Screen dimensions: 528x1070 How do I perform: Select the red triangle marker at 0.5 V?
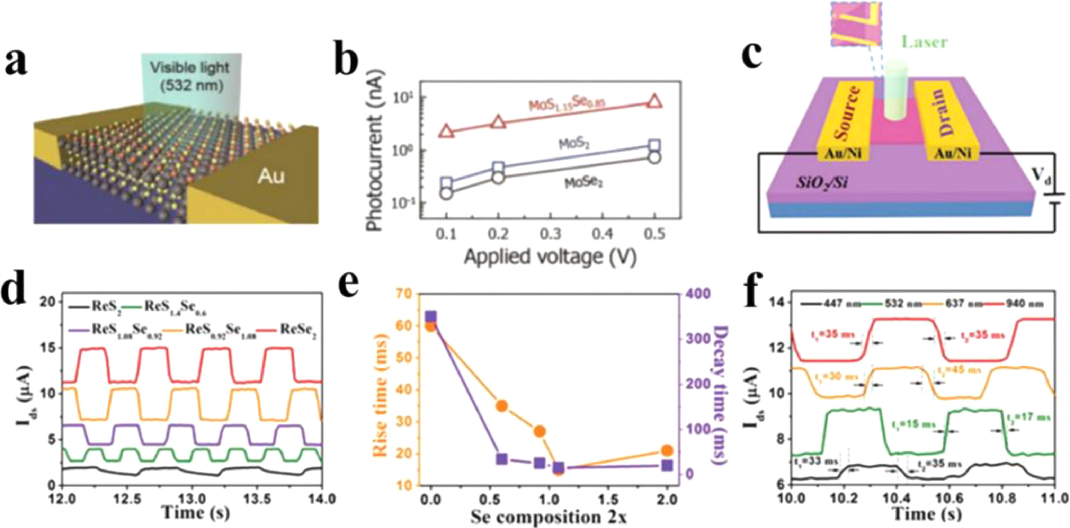click(654, 101)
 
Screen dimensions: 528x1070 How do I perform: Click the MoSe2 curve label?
click(583, 182)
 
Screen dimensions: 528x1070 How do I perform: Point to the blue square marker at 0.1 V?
click(446, 183)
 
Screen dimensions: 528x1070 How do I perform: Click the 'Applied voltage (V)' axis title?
click(550, 257)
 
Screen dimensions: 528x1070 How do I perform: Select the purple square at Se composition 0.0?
click(431, 317)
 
